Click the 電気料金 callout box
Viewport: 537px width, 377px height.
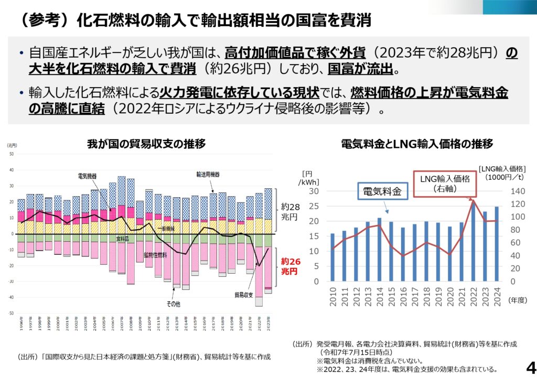[x=382, y=192]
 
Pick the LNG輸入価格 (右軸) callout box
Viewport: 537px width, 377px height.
[x=445, y=183]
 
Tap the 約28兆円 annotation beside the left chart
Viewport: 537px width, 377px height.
[x=290, y=211]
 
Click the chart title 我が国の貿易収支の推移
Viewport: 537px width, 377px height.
[x=146, y=143]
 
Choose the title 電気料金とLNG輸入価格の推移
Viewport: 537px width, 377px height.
[x=417, y=143]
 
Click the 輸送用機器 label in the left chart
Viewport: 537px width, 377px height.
[x=208, y=174]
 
